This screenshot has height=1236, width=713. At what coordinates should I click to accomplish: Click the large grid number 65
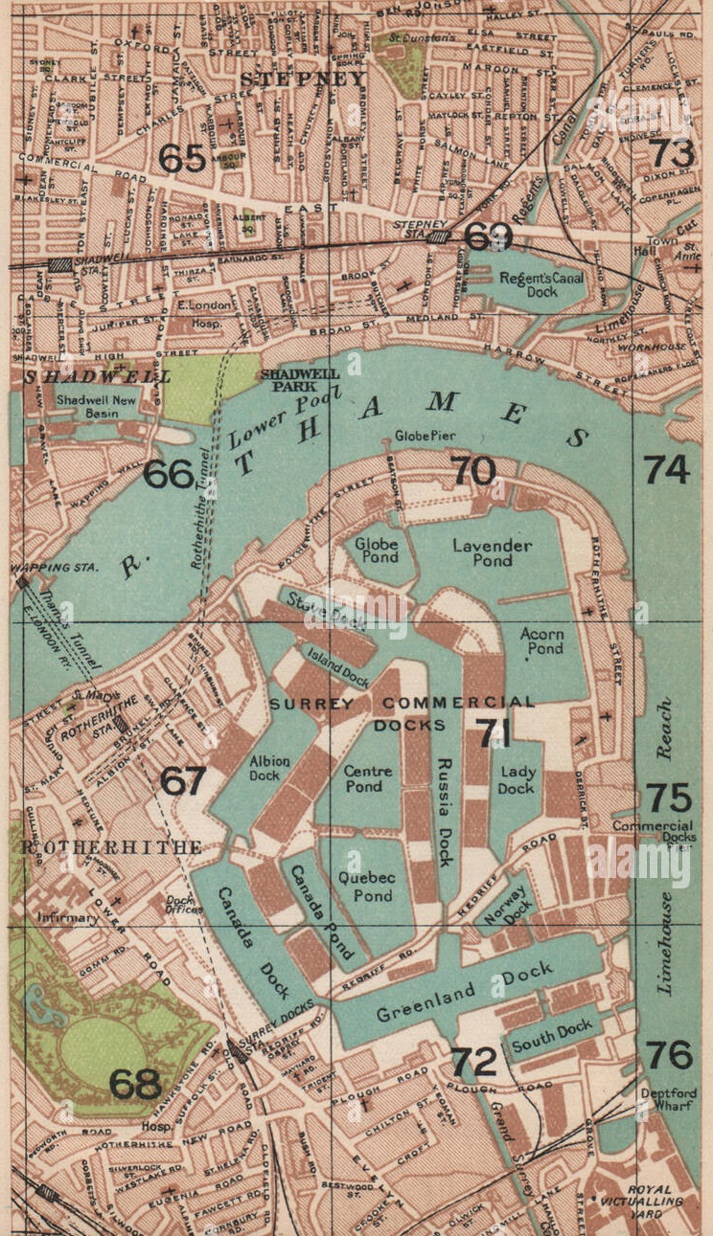click(182, 158)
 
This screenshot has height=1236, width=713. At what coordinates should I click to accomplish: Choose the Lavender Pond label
click(492, 552)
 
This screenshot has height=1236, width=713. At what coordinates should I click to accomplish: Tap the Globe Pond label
click(377, 551)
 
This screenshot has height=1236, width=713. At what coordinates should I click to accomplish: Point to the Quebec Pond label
click(365, 887)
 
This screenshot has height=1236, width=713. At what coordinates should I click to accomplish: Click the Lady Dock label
click(516, 780)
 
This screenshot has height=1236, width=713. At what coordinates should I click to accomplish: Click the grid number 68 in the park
click(135, 1085)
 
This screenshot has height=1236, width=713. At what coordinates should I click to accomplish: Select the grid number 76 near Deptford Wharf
click(668, 1055)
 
